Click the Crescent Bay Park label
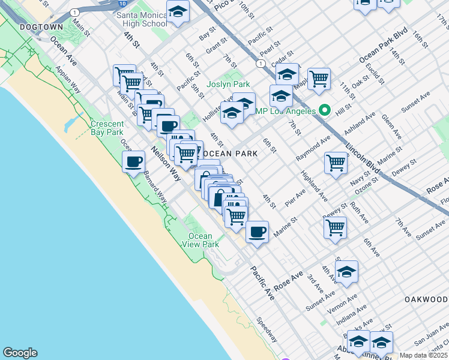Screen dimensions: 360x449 [x=107, y=128]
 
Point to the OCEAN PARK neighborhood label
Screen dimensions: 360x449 [x=236, y=154]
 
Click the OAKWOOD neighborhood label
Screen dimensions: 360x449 [x=426, y=299]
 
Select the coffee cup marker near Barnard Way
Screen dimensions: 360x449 [x=133, y=161]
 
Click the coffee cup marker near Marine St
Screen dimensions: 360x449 [x=257, y=232]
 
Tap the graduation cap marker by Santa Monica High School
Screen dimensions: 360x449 [x=178, y=12]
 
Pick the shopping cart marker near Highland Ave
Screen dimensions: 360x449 [x=336, y=162]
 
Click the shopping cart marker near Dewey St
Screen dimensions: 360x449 [x=334, y=227]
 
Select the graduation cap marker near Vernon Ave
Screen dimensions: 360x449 [x=346, y=271]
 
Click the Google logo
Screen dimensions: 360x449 [x=20, y=353]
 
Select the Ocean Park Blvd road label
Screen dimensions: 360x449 [x=384, y=46]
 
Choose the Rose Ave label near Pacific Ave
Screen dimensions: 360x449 [x=289, y=280]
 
